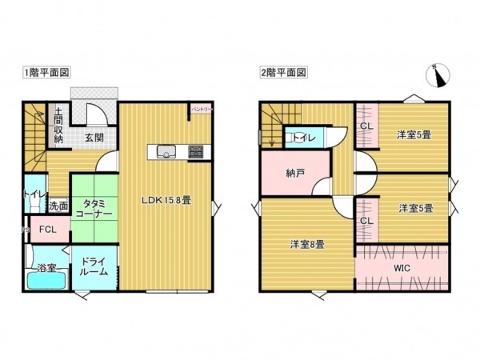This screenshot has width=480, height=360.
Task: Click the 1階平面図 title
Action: tap(46, 72)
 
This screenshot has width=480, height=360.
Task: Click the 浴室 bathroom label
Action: tap(45, 268)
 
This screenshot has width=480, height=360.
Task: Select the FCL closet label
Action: tap(48, 231)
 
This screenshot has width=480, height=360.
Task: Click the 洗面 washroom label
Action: tap(58, 206)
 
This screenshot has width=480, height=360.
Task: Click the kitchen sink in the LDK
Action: tap(166, 151)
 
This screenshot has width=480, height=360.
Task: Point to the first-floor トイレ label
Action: tap(34, 194)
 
